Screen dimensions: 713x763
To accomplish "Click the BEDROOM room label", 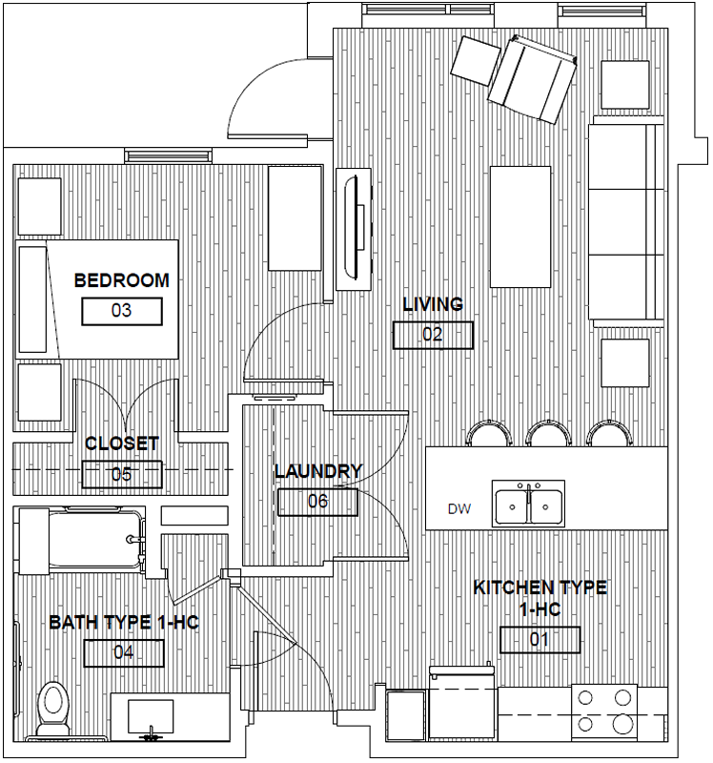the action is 122,280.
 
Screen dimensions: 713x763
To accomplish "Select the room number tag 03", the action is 122,311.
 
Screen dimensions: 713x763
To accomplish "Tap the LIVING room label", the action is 433,304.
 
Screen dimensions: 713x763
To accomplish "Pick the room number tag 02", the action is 433,335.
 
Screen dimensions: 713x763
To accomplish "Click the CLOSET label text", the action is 122,443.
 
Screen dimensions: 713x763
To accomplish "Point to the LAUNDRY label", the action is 318,471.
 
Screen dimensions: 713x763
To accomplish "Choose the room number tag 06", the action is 317,502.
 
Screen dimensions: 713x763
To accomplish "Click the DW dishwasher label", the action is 459,509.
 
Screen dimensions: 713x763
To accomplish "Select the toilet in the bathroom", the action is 52,709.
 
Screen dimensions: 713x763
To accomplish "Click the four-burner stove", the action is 604,711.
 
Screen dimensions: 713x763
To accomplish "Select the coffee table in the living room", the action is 520,227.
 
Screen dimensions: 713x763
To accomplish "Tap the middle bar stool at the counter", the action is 549,434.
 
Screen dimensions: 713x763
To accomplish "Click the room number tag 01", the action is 540,639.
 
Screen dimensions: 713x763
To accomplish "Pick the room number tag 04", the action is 124,653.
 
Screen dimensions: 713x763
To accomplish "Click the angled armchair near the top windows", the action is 532,79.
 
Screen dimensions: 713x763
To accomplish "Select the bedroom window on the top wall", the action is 169,155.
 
